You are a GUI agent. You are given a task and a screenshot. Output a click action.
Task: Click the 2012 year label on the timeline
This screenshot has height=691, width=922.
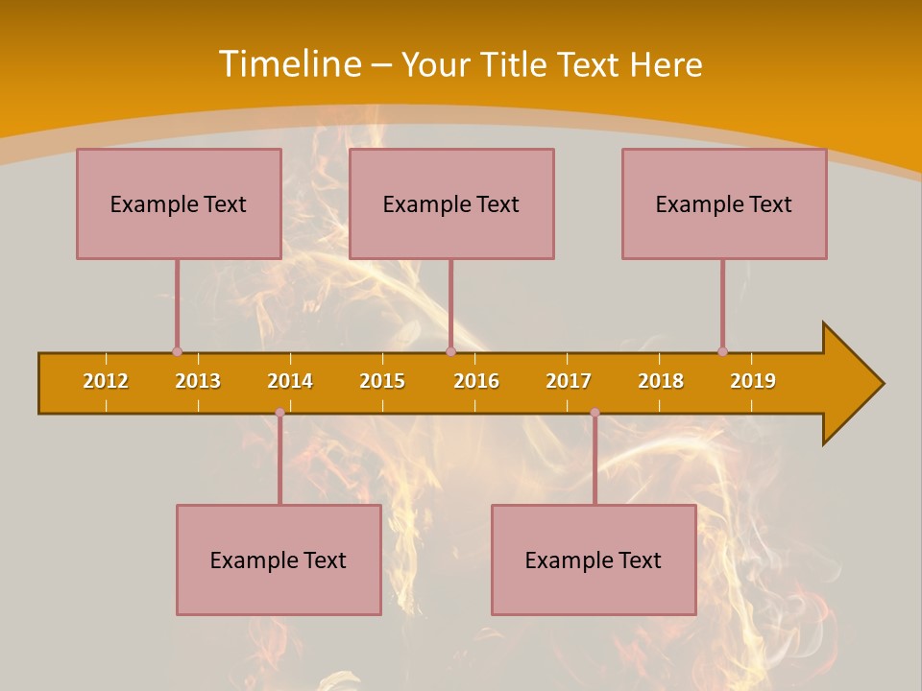[x=106, y=381]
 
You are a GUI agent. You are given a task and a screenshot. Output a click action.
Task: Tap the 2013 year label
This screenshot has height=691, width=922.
[x=198, y=381]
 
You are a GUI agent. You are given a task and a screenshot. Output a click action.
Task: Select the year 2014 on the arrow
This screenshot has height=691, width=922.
[x=290, y=381]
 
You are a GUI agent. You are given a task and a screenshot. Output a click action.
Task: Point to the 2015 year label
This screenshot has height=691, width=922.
[x=382, y=381]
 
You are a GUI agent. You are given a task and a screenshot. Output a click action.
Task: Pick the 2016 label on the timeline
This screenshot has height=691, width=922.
[x=476, y=381]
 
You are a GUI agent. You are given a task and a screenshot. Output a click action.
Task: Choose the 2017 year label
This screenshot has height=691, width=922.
[x=569, y=381]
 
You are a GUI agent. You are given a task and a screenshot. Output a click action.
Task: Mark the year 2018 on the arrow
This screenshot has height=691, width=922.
[x=661, y=381]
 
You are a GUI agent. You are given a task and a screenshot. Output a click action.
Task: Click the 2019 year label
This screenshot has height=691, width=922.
[x=753, y=381]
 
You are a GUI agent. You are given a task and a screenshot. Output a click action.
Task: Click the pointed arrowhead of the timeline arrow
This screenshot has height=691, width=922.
[x=860, y=384]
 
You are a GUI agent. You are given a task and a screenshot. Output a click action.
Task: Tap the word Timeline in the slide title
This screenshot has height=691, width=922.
[x=288, y=64]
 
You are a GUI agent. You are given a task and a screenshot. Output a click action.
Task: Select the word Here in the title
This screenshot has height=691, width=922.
[x=666, y=64]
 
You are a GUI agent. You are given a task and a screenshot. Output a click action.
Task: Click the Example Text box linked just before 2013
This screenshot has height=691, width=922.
[x=179, y=203]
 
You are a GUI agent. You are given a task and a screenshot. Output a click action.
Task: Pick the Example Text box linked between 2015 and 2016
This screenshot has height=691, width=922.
[x=451, y=203]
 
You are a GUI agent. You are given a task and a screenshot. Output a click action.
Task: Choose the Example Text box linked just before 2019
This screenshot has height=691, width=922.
[x=724, y=203]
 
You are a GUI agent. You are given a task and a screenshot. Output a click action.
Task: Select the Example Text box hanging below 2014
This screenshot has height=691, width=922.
[x=279, y=560]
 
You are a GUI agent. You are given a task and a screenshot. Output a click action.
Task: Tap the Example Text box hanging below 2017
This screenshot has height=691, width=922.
[x=594, y=560]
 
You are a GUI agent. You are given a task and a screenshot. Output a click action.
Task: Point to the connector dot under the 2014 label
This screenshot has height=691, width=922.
[x=279, y=413]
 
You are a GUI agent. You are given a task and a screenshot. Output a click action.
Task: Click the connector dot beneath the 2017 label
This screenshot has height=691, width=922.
[x=594, y=413]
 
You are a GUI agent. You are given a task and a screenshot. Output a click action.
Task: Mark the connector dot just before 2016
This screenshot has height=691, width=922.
[x=450, y=351]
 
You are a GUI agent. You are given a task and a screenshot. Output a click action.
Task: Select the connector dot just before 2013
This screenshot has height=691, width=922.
[x=177, y=351]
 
